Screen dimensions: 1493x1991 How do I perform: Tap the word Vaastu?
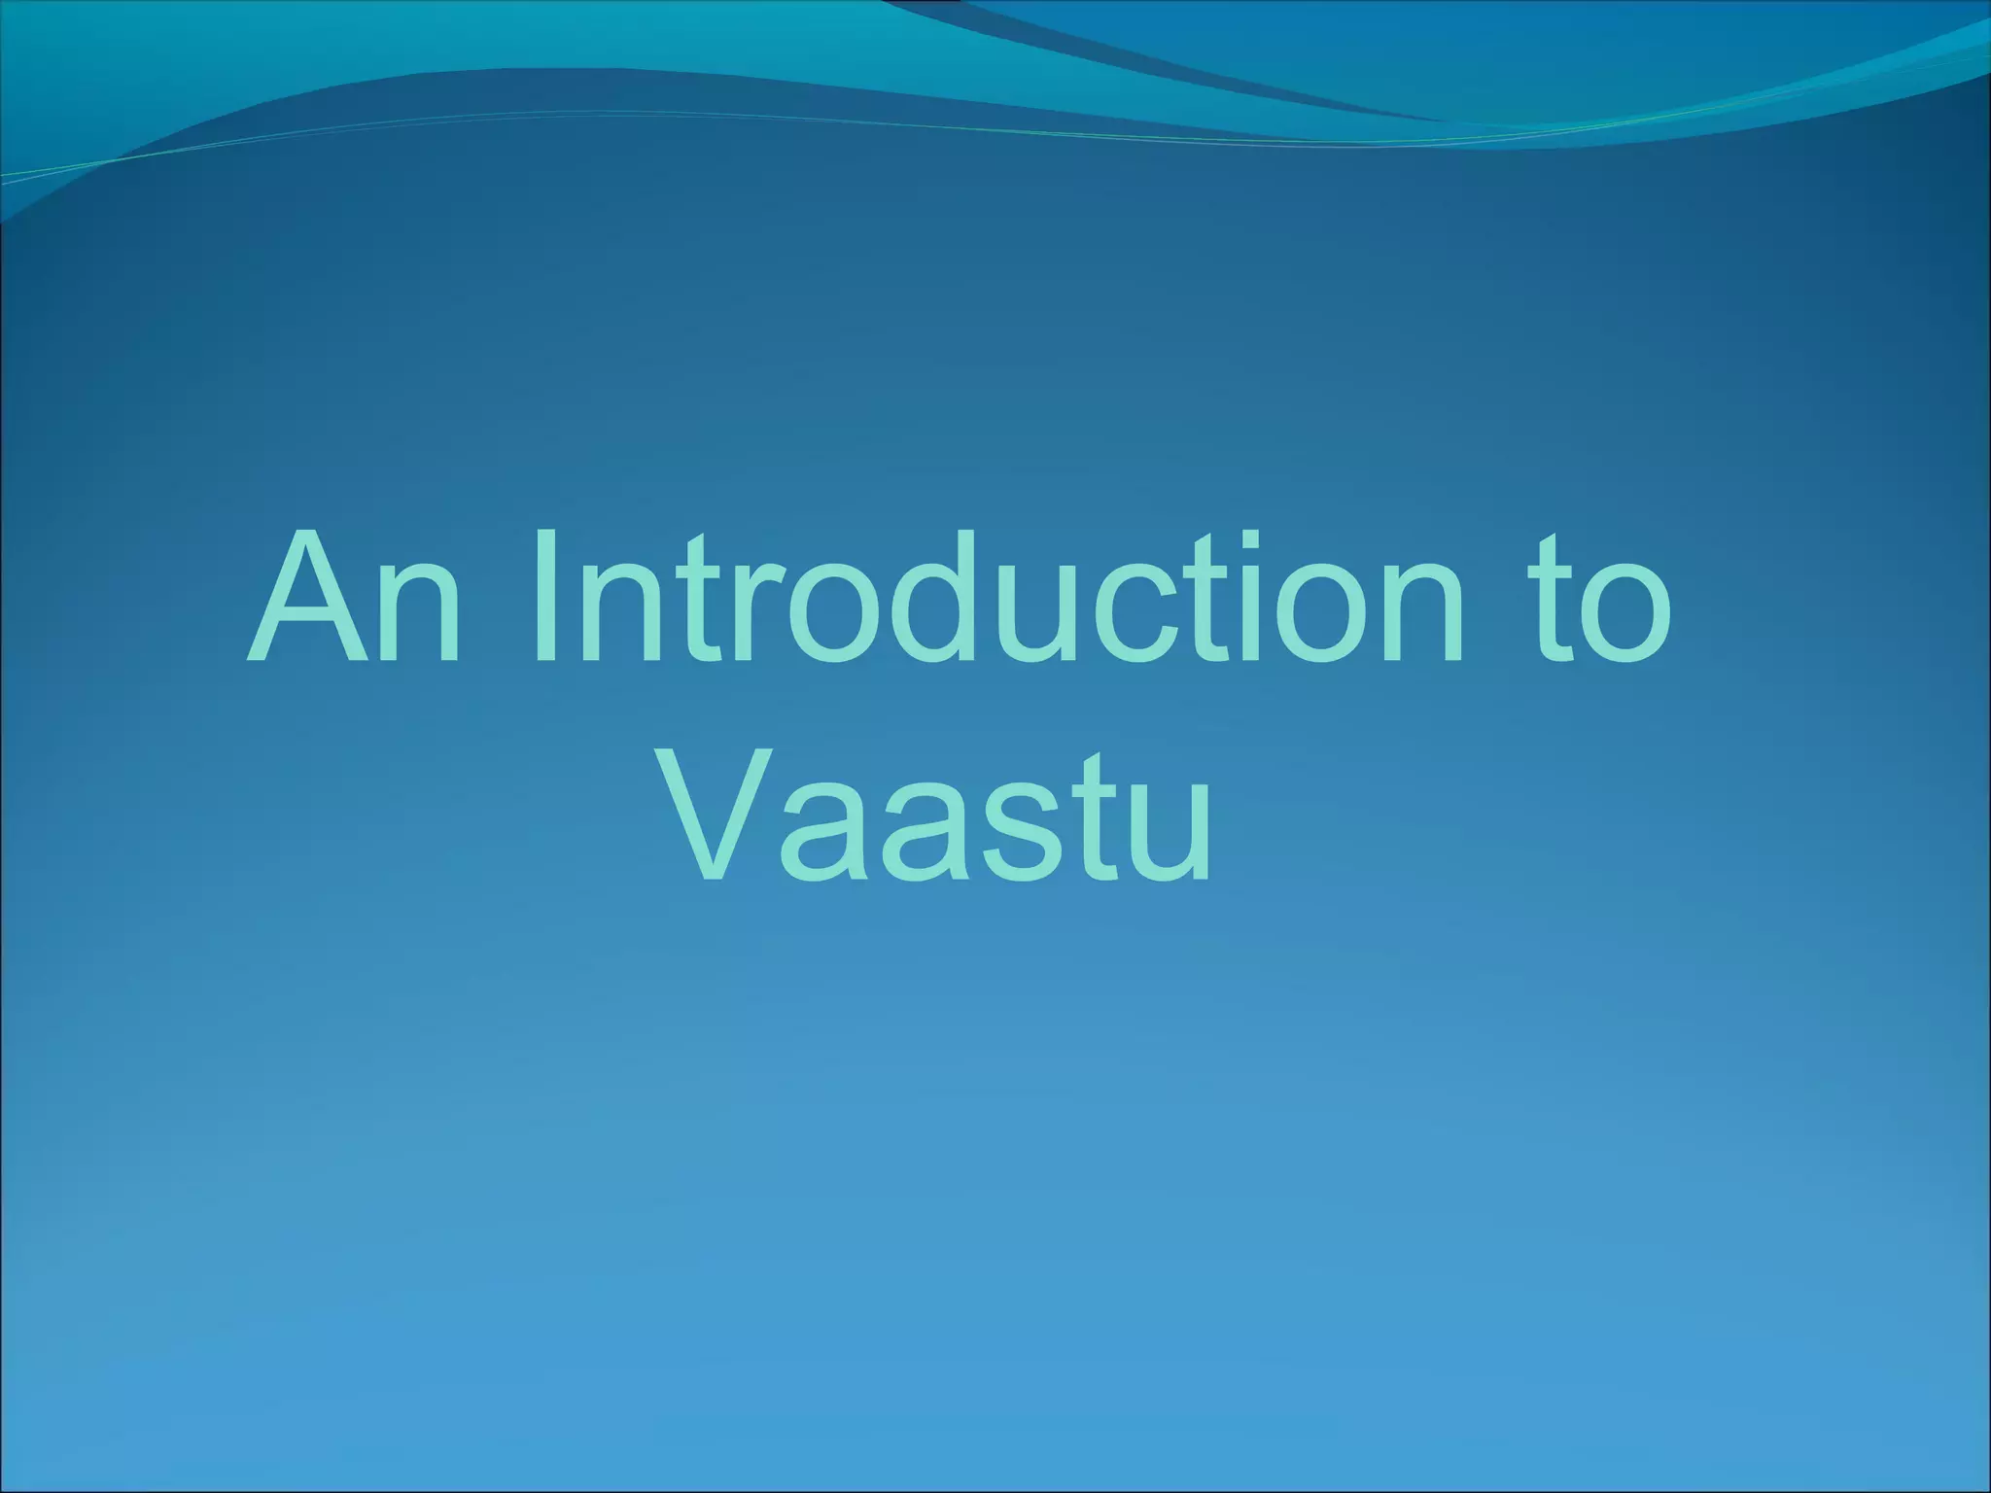[939, 815]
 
